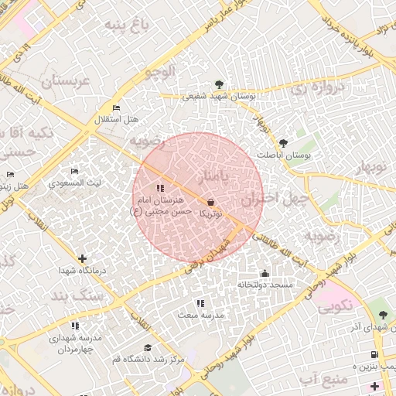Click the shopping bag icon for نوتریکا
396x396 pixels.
coord(211,202)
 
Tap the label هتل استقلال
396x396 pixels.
coord(116,120)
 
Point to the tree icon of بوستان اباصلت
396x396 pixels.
coord(283,143)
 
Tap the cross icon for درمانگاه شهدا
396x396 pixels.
coord(83,258)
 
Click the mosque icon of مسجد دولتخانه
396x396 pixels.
coord(265,273)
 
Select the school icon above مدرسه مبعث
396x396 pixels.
coord(200,303)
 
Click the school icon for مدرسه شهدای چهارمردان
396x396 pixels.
coord(75,326)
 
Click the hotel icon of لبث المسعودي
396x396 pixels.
coord(74,172)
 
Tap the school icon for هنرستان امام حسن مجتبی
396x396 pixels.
coord(159,188)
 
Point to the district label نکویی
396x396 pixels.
coord(334,306)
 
